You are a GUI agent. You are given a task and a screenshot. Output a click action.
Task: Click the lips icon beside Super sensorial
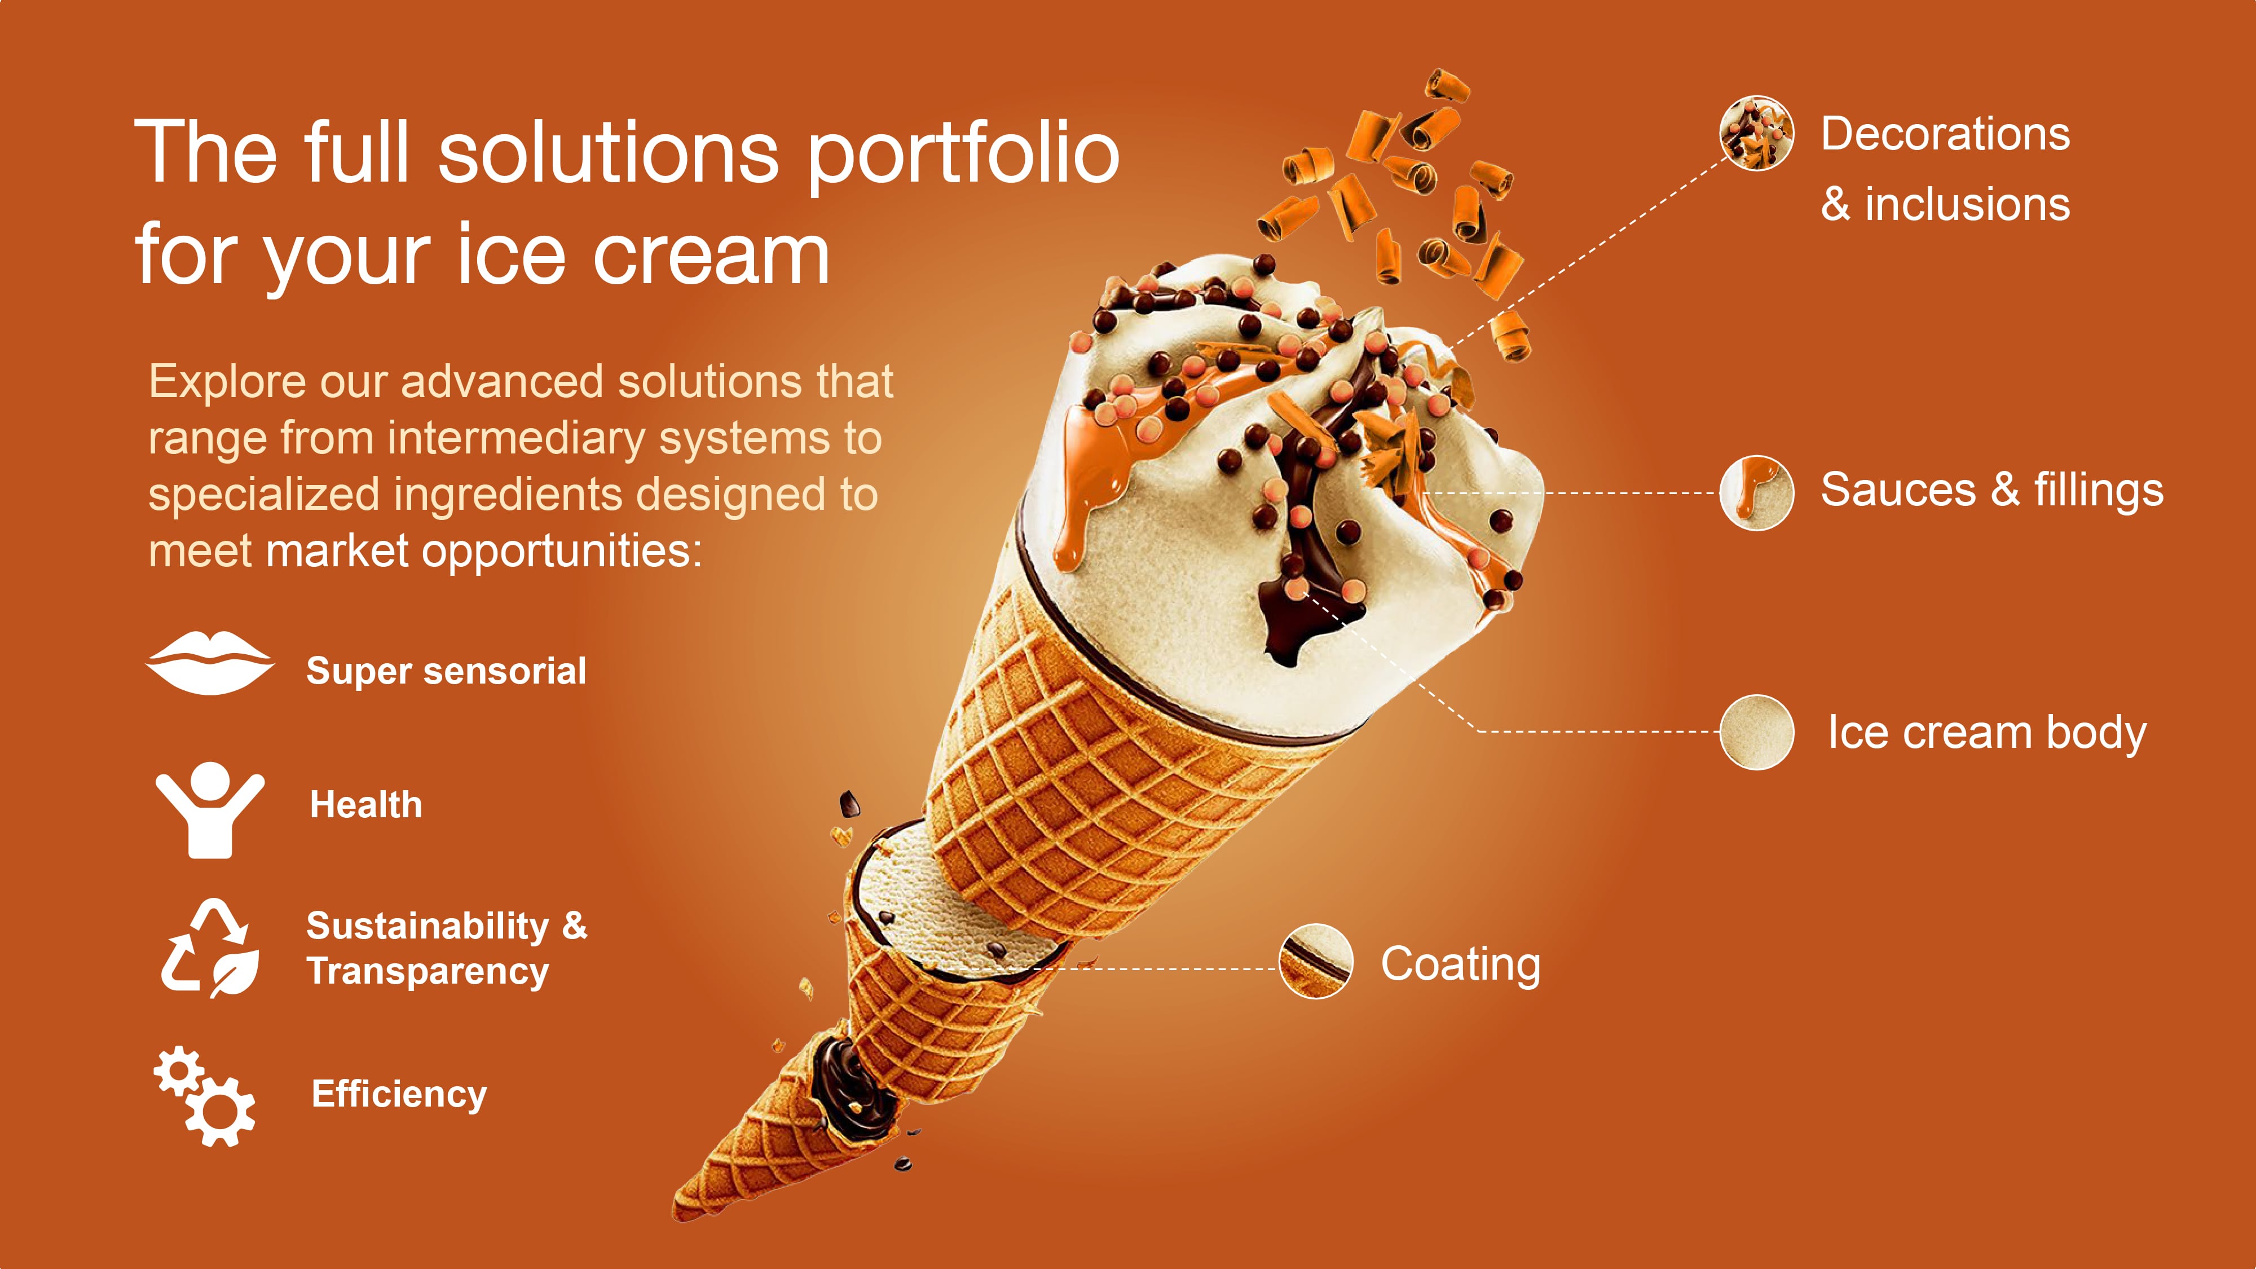click(209, 663)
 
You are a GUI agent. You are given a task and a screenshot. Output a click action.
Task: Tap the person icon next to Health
click(209, 810)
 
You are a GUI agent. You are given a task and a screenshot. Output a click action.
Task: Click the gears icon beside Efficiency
click(205, 1096)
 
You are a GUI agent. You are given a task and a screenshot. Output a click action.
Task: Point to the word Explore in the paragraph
click(228, 384)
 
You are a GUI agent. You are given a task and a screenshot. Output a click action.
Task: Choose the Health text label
click(366, 805)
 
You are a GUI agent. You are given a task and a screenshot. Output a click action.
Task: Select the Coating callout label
click(1461, 964)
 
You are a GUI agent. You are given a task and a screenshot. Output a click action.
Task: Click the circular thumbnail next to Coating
click(1315, 960)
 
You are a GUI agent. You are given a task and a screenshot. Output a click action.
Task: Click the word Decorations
click(1946, 134)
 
